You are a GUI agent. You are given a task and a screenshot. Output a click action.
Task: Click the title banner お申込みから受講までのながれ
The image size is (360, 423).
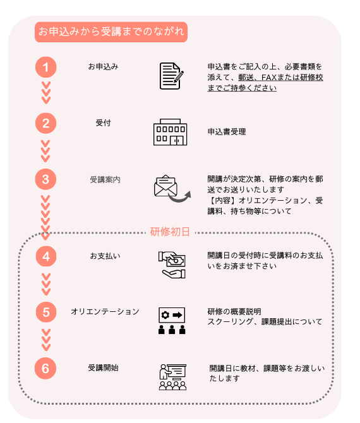tap(111, 32)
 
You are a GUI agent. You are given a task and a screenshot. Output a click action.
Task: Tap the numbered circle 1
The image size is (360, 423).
tap(46, 67)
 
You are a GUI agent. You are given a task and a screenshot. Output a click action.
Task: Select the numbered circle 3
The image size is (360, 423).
tap(46, 179)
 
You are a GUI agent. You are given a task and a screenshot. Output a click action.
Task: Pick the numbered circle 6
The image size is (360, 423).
tap(45, 369)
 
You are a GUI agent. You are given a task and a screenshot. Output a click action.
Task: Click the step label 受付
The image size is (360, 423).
tap(104, 123)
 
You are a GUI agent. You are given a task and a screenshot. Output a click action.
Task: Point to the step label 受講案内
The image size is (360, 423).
tap(105, 180)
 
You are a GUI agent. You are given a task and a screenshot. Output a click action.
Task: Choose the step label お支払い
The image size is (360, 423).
tap(105, 256)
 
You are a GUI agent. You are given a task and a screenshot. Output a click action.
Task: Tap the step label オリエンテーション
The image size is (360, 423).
tap(105, 312)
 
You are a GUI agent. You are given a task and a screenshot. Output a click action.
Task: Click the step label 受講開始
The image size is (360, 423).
tap(104, 367)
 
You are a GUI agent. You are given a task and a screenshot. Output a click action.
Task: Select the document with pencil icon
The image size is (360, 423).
tap(171, 76)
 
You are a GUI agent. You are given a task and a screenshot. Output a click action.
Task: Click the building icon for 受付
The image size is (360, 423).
tap(171, 132)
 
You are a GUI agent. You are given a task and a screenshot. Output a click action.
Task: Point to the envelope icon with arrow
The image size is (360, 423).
tap(172, 189)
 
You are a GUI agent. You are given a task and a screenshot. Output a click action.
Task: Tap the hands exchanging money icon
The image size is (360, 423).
tap(172, 265)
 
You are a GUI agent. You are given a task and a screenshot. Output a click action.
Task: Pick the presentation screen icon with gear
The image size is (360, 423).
tap(172, 321)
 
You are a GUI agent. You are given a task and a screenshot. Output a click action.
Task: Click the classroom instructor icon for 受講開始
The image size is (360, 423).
tap(172, 377)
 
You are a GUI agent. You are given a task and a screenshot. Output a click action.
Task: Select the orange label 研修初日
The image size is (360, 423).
tap(170, 232)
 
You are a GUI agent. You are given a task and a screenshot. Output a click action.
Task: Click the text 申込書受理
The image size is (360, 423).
tap(227, 132)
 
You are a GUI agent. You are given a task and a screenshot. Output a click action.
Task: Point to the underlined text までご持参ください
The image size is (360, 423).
tap(242, 88)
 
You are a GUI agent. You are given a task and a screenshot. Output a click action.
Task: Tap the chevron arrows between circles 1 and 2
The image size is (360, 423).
tap(46, 93)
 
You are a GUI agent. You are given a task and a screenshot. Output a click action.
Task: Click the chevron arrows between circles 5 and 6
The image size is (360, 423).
tap(46, 340)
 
